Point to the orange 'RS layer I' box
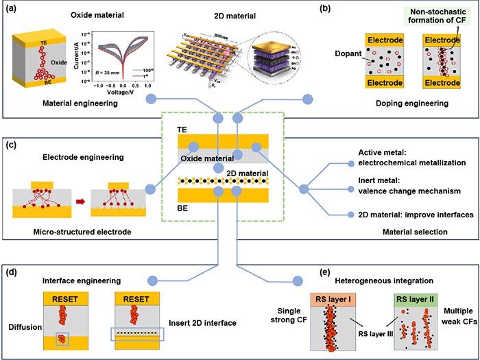(334, 299)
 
